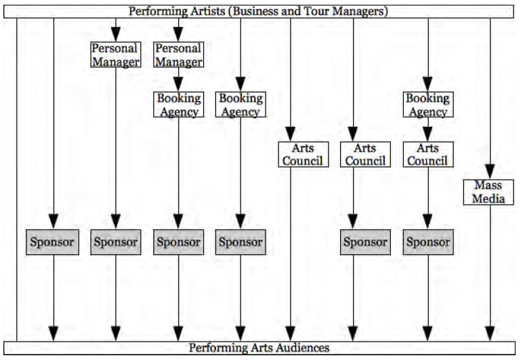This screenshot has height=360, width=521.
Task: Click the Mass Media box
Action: (488, 192)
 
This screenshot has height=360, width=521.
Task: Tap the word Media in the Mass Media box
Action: (488, 199)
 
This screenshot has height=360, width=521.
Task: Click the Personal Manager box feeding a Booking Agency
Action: (178, 55)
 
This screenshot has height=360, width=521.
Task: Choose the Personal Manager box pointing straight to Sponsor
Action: (116, 55)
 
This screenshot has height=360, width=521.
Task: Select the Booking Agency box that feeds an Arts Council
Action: (428, 104)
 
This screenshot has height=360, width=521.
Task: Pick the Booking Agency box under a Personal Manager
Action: (178, 104)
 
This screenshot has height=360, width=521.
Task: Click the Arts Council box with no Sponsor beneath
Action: (303, 155)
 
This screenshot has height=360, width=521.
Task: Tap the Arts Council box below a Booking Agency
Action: (428, 155)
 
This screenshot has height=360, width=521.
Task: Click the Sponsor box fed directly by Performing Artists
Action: (52, 242)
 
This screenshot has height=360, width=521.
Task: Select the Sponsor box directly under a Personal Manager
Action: (116, 242)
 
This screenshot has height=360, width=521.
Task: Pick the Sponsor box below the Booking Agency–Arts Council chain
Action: (428, 242)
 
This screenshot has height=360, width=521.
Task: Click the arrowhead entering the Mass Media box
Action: (490, 172)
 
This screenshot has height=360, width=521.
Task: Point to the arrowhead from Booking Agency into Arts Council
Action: (428, 134)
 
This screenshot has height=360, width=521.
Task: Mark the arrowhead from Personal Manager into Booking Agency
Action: (178, 85)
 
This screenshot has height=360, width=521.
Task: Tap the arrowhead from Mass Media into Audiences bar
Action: (490, 334)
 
